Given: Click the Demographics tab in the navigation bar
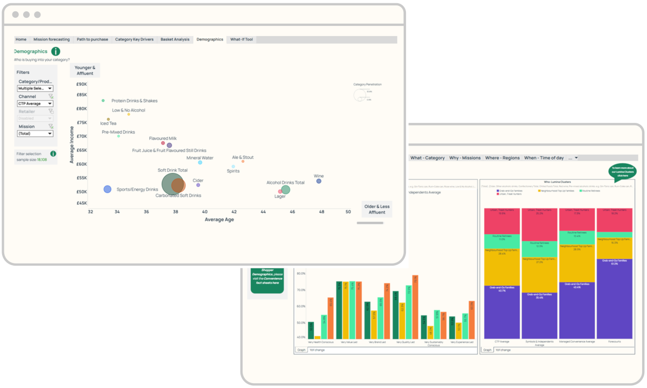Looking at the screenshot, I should [210, 39].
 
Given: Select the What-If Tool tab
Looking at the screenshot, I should [242, 39].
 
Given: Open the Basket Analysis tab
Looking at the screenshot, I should [175, 39].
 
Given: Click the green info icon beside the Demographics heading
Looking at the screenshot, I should [56, 52].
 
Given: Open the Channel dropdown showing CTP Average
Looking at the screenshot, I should [35, 103].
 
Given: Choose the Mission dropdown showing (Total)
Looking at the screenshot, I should [35, 133].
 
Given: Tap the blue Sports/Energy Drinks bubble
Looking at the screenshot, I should [107, 189].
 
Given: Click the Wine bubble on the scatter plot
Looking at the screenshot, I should [319, 181].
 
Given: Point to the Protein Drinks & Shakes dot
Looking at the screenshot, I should [103, 101].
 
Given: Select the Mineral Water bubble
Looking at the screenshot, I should [200, 162].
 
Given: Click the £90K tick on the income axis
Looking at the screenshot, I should [81, 84].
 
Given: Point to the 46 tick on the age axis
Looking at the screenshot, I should [292, 212].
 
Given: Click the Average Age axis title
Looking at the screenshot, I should [219, 219].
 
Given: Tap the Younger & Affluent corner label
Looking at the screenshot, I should [85, 71].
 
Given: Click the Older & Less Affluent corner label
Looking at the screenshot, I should [377, 210].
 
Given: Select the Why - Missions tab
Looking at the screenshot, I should [465, 158].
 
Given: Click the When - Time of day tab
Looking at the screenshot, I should [544, 158].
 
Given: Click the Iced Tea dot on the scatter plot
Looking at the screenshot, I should [108, 119].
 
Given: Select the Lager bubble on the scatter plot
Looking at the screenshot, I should [280, 191].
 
